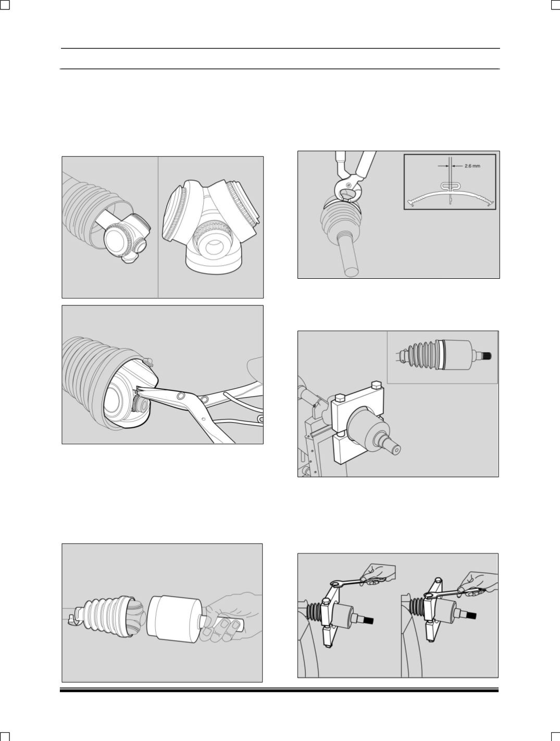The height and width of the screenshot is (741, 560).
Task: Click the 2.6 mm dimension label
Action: point(472,166)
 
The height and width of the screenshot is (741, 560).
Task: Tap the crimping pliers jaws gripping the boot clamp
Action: point(347,191)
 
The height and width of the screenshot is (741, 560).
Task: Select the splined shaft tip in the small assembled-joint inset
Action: point(486,356)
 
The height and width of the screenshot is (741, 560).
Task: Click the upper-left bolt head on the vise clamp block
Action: point(340,398)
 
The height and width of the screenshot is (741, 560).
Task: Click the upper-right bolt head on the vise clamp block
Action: point(376,385)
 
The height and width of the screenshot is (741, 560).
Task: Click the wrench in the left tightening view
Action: point(357,582)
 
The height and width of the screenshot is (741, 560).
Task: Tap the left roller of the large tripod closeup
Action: point(174,212)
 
